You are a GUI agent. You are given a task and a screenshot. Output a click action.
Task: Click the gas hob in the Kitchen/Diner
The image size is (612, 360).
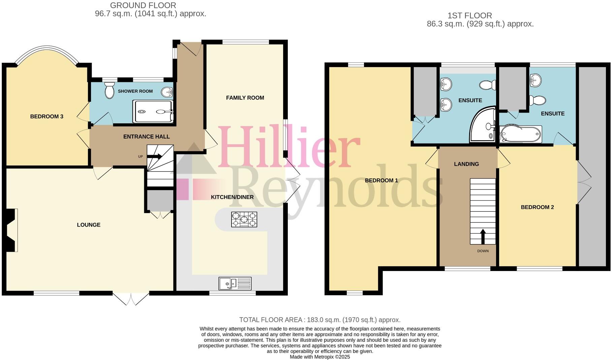pos(244,219)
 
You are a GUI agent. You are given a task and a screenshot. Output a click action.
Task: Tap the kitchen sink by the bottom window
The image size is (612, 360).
pos(235,283)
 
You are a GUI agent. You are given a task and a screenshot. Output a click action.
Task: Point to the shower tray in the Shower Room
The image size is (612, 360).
pos(154,111)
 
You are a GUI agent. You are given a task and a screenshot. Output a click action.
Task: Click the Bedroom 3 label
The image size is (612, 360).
pos(47,117)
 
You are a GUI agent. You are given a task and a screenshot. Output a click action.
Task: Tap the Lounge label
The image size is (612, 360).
pos(89,225)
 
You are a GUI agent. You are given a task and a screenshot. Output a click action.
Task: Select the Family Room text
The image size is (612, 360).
pos(245,98)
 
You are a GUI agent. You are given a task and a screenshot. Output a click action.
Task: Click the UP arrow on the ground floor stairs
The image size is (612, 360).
pos(155,156)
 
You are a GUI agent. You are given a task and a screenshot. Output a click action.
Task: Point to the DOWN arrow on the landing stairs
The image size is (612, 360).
pos(483,236)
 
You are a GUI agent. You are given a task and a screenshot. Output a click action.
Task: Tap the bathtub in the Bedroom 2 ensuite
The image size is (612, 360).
pos(520,134)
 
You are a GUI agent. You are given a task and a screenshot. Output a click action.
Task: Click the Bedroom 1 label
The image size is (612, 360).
pos(381,181)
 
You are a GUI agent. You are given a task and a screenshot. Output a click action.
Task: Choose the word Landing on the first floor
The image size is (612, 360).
pos(466,164)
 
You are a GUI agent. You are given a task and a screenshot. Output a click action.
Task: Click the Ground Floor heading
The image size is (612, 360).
pos(143,5)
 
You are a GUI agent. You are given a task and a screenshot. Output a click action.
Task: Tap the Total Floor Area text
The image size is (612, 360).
pos(320,320)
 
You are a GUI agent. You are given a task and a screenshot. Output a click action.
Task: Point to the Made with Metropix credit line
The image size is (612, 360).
pos(320,357)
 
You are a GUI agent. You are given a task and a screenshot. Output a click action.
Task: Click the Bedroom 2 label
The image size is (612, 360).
pos(538,207)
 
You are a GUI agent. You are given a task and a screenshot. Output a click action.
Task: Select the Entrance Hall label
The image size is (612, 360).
pos(147,137)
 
